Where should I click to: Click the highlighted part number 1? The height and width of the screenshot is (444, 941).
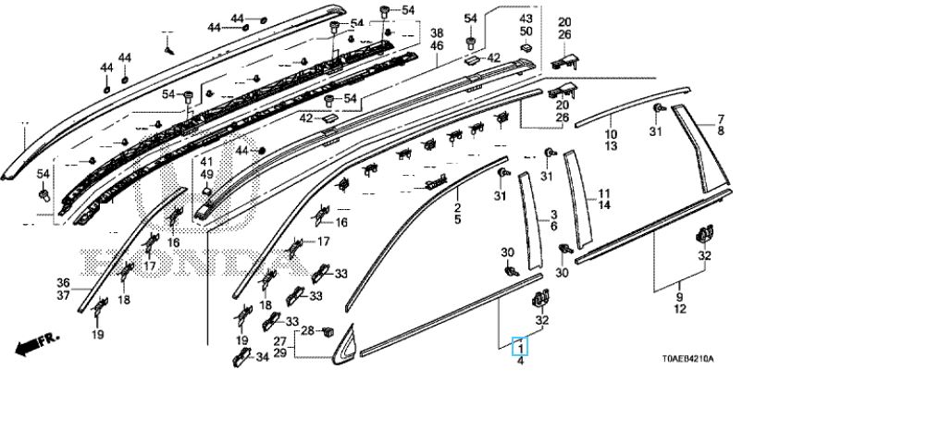[x=521, y=348]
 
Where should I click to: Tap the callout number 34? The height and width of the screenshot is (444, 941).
[x=262, y=357]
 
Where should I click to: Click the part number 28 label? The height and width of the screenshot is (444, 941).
[x=307, y=330]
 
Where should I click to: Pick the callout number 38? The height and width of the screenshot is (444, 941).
[x=437, y=32]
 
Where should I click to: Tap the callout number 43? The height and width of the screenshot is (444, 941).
[x=526, y=19]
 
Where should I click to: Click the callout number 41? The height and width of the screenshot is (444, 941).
[x=206, y=163]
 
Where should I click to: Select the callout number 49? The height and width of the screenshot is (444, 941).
[x=206, y=175]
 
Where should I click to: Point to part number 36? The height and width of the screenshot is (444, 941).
[x=63, y=283]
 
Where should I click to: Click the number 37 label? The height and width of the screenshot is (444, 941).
[x=63, y=295]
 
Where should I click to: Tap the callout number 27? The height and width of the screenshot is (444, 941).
[x=279, y=342]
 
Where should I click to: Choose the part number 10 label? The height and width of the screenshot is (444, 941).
[x=612, y=134]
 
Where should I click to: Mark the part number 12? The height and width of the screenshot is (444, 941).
[x=680, y=309]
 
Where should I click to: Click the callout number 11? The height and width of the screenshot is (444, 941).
[x=604, y=193]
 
